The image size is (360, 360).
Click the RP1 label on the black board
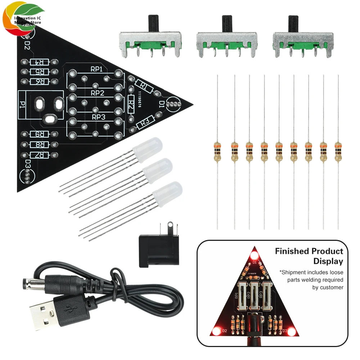[x=96, y=69]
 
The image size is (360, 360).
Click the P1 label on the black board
[x=23, y=104]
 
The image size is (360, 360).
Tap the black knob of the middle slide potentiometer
[x=227, y=23]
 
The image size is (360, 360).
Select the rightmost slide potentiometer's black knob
[x=293, y=23]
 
